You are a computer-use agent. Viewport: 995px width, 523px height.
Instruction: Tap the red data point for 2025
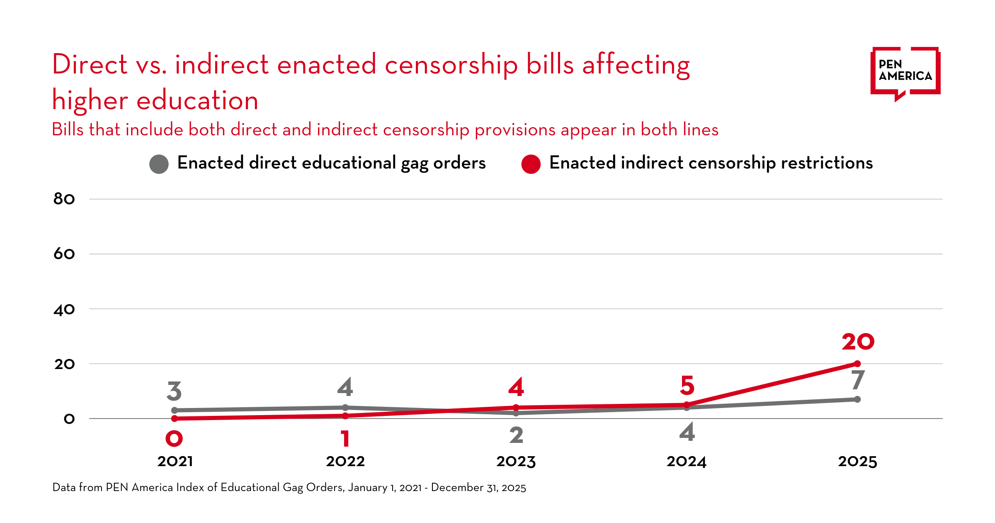pos(857,364)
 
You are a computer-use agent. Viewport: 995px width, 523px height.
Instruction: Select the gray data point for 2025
pos(857,399)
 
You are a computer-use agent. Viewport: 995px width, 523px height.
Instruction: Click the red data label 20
pos(858,342)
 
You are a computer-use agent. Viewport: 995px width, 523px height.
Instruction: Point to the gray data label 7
pos(858,380)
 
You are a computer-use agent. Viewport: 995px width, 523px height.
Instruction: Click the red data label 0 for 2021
pos(174,439)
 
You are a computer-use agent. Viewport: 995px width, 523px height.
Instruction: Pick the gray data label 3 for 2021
pos(174,391)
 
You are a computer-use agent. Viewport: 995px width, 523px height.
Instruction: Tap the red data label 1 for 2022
pos(345,439)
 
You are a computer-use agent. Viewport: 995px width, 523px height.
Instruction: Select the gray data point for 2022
pos(345,408)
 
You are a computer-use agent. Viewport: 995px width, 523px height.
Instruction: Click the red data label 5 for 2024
pos(687,386)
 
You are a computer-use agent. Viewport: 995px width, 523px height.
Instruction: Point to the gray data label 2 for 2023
pos(516,435)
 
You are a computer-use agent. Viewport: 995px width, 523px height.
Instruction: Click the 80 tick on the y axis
pos(64,199)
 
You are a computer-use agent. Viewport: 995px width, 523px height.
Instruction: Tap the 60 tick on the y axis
pos(64,254)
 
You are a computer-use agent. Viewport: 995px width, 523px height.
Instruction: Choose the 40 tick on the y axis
pos(64,310)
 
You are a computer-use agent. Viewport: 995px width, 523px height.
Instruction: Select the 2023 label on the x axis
pos(516,462)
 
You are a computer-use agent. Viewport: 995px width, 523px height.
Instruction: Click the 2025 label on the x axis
pos(857,462)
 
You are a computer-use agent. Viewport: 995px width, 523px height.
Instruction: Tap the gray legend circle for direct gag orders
pos(159,164)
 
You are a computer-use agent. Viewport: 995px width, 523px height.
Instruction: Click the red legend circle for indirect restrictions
pos(531,164)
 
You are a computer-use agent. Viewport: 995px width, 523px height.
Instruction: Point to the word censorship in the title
pos(451,66)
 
